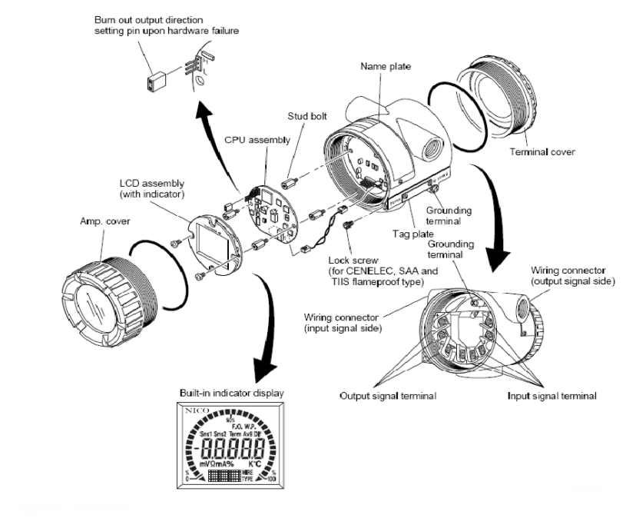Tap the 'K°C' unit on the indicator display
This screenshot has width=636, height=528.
pos(256,464)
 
